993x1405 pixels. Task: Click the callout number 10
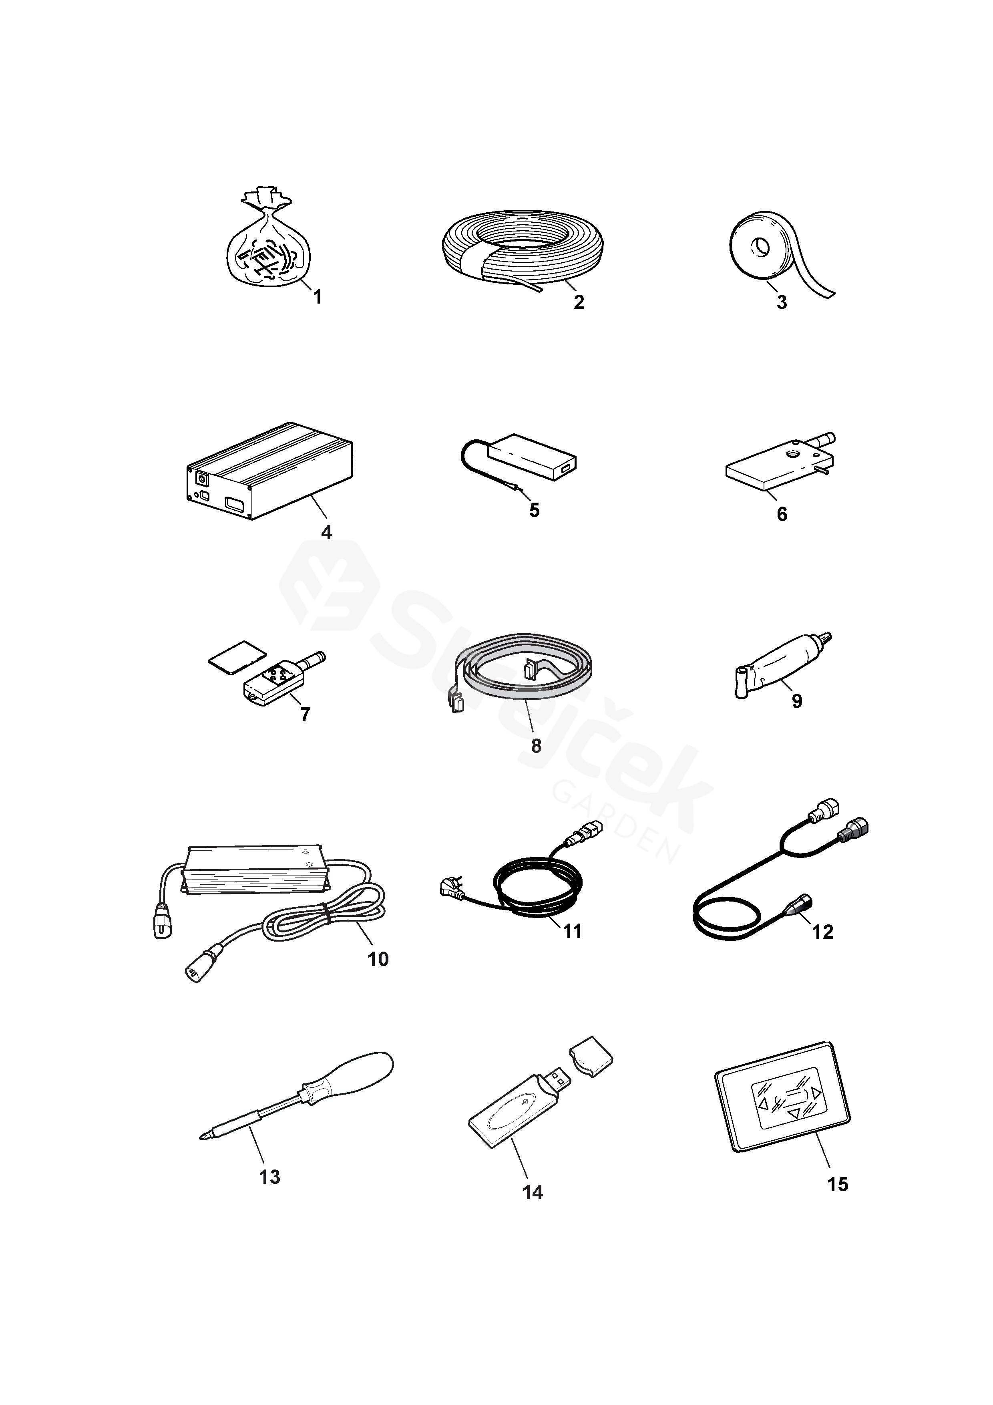pos(378,959)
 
